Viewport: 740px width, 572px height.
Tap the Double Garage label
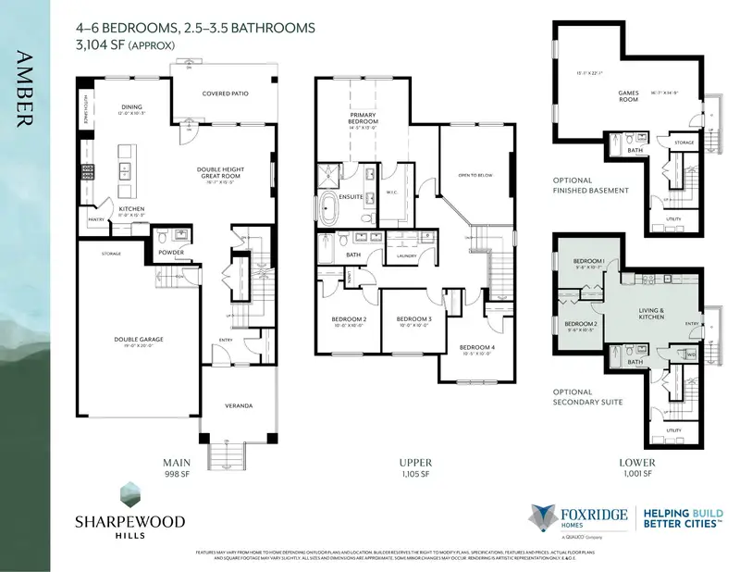point(139,340)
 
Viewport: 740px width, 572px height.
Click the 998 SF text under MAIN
point(177,474)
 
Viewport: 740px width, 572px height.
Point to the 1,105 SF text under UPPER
point(414,474)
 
